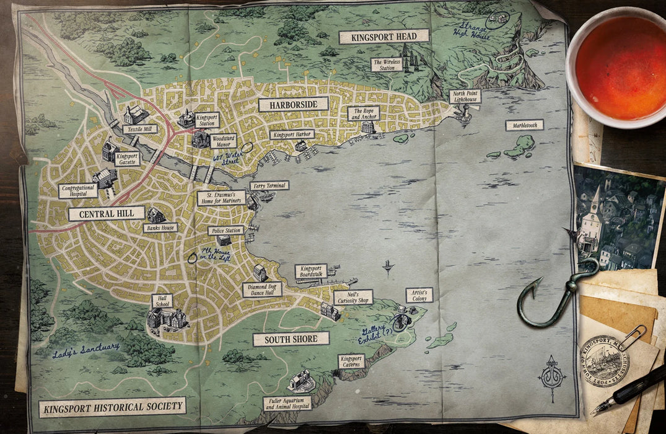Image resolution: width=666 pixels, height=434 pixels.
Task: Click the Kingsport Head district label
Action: [x=384, y=36]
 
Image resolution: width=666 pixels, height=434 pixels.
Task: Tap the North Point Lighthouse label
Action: [x=465, y=96]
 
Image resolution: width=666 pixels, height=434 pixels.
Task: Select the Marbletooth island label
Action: [x=524, y=125]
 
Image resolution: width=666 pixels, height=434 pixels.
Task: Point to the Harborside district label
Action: [x=293, y=104]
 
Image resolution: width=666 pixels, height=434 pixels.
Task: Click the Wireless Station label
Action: [x=387, y=64]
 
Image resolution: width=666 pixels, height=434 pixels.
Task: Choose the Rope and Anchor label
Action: [x=363, y=113]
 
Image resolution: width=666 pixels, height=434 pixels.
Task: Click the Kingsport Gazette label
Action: [x=127, y=159]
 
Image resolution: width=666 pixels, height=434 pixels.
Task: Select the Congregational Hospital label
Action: [x=78, y=191]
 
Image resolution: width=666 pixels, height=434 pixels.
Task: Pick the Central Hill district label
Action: [x=106, y=214]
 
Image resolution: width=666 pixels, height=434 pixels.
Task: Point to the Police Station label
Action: [x=226, y=231]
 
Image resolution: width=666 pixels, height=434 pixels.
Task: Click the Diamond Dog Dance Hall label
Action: [x=261, y=290]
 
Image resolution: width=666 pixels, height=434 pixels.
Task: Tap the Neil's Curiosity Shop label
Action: [x=353, y=297]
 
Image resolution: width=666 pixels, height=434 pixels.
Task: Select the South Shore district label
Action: [x=291, y=339]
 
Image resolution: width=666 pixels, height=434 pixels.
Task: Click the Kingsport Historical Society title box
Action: [x=112, y=407]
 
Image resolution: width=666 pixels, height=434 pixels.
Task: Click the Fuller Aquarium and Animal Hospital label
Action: [x=287, y=404]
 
